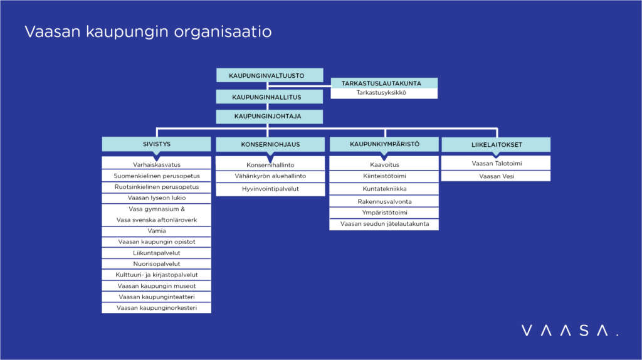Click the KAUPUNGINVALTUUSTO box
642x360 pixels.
click(269, 75)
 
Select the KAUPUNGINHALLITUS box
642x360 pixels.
click(269, 97)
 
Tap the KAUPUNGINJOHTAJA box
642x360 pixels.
click(269, 117)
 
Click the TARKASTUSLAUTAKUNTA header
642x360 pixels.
click(384, 83)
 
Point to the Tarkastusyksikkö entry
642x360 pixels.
click(384, 93)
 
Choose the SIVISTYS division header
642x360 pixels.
click(156, 144)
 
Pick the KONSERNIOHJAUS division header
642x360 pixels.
click(270, 144)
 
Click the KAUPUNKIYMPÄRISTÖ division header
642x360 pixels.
click(384, 144)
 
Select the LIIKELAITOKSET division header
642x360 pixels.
click(496, 145)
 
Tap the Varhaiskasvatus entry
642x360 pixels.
click(156, 164)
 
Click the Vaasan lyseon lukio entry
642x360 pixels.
click(156, 198)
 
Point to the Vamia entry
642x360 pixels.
click(156, 231)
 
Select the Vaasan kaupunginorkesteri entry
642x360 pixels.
click(156, 308)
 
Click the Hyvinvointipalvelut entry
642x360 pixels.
click(270, 189)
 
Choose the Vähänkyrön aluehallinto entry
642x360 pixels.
click(270, 176)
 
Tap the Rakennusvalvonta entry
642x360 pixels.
click(384, 202)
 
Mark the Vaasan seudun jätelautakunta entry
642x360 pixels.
click(384, 224)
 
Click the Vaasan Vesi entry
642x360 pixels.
click(496, 176)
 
